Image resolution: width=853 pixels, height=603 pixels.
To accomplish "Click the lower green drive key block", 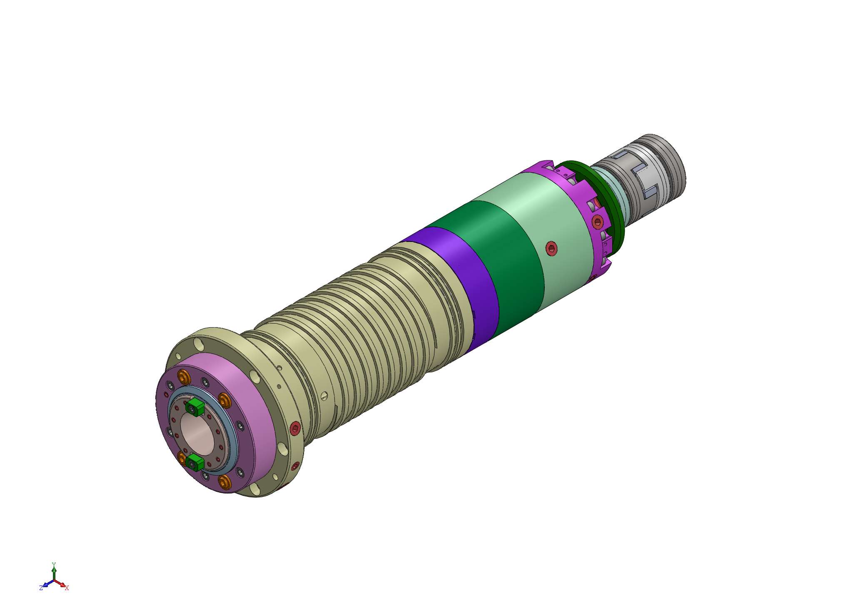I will pyautogui.click(x=195, y=462).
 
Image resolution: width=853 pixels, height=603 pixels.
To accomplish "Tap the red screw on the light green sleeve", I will pyautogui.click(x=551, y=249).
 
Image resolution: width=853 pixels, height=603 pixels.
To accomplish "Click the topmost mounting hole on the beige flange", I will pyautogui.click(x=199, y=344).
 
